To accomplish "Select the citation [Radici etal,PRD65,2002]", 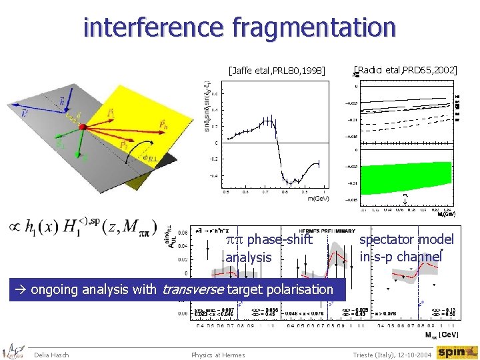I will (405, 69).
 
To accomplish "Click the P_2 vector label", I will (124, 145).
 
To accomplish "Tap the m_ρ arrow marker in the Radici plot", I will (405, 197).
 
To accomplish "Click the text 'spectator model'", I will (406, 240).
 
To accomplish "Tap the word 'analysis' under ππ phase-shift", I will (249, 257).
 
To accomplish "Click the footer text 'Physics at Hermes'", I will (218, 354).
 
